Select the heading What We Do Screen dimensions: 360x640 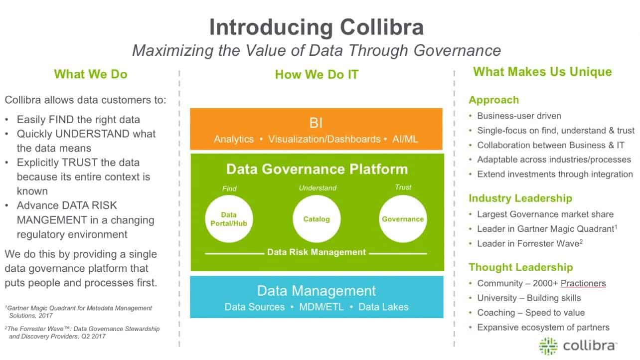[x=91, y=74]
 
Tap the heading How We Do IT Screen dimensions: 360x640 [x=317, y=75]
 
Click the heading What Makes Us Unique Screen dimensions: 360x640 [x=542, y=72]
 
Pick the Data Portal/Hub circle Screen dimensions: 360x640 [x=229, y=219]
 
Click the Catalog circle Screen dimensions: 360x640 [x=317, y=219]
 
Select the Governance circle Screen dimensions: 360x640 [x=403, y=219]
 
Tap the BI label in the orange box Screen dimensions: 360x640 [x=316, y=123]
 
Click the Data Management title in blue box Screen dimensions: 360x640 [x=316, y=291]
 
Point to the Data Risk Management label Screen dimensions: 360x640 [x=317, y=252]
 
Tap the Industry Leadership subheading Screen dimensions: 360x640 [x=520, y=198]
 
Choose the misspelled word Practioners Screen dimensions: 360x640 [x=583, y=283]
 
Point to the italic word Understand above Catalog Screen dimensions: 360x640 [x=318, y=188]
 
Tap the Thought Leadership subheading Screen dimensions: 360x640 [x=520, y=267]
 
